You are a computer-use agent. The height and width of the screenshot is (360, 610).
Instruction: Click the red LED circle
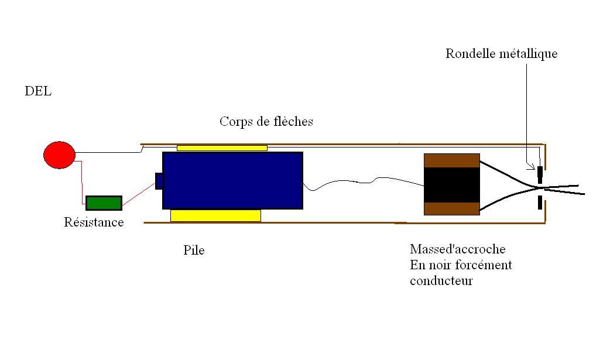59,155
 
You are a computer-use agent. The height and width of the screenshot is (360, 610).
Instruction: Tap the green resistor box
104,203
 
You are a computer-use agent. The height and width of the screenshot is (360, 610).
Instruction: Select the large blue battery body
232,180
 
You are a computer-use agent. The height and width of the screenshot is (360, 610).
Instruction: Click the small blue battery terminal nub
159,181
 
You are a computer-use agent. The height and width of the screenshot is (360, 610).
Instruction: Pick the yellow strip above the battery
222,148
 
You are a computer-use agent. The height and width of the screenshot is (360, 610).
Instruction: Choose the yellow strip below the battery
215,215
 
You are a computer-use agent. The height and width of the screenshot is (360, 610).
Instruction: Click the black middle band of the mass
451,184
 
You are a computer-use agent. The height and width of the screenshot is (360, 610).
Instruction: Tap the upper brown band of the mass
451,160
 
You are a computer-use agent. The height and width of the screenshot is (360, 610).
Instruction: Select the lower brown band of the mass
451,208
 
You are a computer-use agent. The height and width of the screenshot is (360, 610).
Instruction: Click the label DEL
38,91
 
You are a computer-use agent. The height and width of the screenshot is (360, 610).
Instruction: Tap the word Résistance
94,222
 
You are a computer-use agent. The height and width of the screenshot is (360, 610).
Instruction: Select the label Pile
194,251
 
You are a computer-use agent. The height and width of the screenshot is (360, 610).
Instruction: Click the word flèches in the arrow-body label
293,122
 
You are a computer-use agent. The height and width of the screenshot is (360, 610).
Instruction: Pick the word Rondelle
470,54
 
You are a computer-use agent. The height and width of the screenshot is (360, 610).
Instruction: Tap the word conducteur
441,281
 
